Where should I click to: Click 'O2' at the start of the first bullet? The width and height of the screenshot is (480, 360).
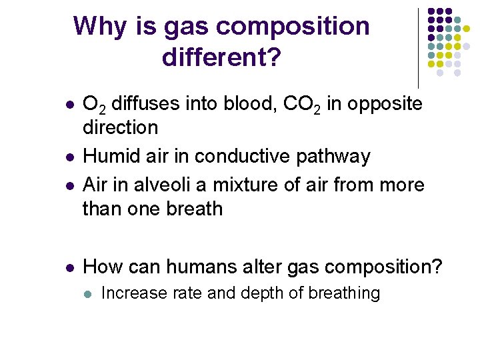(x=93, y=104)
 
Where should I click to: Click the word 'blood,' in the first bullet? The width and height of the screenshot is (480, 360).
(x=247, y=104)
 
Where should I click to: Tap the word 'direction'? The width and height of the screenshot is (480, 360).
(x=120, y=127)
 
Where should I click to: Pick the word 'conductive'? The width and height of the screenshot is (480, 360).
(x=239, y=156)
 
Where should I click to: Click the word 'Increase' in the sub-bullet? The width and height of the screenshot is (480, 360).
(x=129, y=293)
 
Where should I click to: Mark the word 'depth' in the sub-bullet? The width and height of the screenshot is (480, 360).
(x=253, y=293)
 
